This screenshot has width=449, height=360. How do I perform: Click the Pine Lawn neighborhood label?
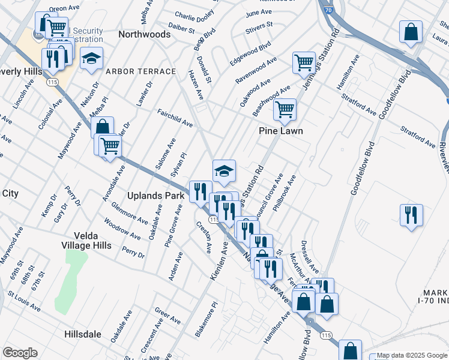coord(280,131)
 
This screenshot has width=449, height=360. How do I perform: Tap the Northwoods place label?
coord(144,34)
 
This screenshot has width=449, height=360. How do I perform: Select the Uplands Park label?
coord(154,196)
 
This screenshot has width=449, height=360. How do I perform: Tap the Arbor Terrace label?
coord(140,71)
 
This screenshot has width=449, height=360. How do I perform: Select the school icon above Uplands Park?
coord(224,170)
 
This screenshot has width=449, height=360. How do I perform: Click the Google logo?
coord(20,353)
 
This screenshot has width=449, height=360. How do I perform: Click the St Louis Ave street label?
coord(24,301)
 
